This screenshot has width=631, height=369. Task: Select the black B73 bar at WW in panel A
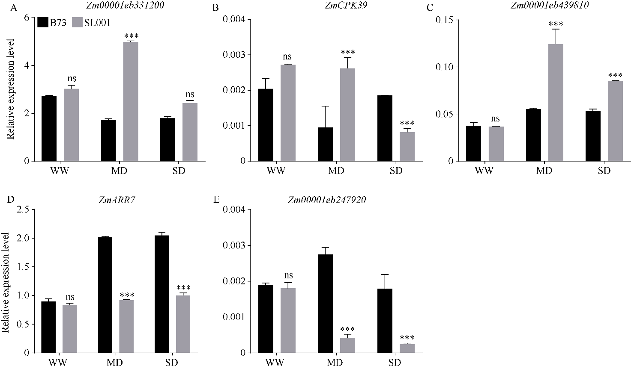pyautogui.click(x=49, y=128)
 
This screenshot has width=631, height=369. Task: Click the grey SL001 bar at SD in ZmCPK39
pyautogui.click(x=407, y=147)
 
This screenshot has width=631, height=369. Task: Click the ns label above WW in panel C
pyautogui.click(x=496, y=119)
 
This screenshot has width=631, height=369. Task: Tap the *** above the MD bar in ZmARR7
pyautogui.click(x=127, y=295)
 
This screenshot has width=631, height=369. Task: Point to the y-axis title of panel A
pyautogui.click(x=12, y=89)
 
